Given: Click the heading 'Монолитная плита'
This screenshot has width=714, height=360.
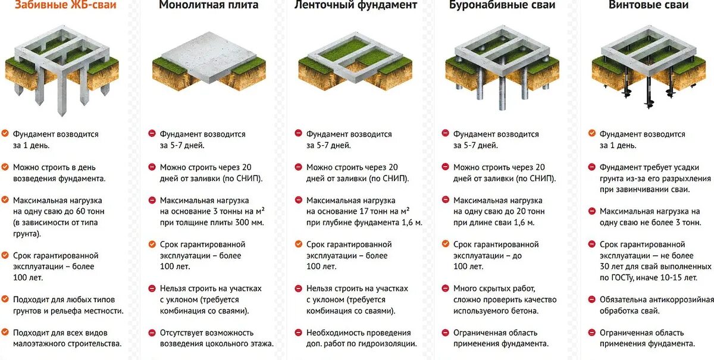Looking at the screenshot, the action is (x=208, y=5).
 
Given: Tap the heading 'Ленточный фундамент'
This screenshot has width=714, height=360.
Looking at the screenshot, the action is (x=355, y=5).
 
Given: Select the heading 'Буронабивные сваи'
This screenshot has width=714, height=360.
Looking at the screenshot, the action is (x=502, y=5).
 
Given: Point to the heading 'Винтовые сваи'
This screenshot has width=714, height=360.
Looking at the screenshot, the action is (x=649, y=5).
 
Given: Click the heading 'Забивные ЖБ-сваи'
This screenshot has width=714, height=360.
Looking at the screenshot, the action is (x=65, y=5).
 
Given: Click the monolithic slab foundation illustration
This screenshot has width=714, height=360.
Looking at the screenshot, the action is (x=208, y=65).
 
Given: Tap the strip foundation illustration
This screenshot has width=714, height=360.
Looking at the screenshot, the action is (x=355, y=65).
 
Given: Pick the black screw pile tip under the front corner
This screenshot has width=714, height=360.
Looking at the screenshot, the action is (x=649, y=102).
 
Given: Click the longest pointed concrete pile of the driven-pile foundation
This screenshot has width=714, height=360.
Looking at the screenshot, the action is (x=62, y=95).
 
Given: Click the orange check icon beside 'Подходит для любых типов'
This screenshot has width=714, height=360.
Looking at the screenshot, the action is (x=5, y=299).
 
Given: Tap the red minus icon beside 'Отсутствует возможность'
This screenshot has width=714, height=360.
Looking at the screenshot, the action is (x=152, y=333).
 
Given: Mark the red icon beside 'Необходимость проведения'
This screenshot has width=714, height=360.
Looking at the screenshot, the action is (x=299, y=333).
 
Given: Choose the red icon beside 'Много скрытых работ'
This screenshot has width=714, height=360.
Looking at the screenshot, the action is (x=445, y=289).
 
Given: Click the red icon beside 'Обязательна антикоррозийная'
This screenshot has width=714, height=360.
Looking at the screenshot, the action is (x=592, y=299).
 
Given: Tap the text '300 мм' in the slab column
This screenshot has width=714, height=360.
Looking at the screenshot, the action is (x=246, y=223).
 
